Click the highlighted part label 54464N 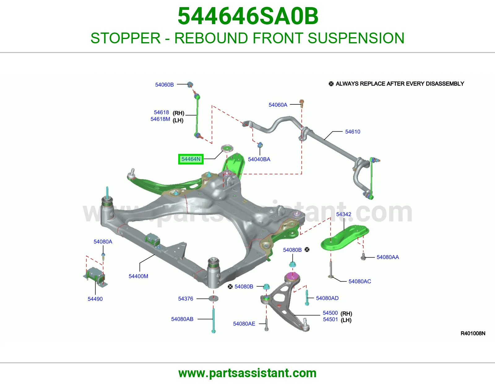tap(191, 159)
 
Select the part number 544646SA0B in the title tap(248, 16)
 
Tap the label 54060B tap(164, 85)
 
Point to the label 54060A tap(278, 105)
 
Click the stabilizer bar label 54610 tap(352, 132)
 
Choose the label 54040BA tap(259, 159)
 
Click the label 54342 tap(343, 214)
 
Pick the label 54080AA tap(387, 257)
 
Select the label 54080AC tap(359, 281)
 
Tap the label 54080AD tap(327, 298)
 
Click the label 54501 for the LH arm tap(330, 319)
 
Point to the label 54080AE tap(244, 324)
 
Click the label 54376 tap(185, 299)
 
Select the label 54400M tap(138, 276)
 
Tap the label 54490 tap(95, 299)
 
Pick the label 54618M tap(160, 119)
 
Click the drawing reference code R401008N tap(473, 334)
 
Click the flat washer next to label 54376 tap(213, 298)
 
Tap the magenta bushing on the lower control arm tap(292, 276)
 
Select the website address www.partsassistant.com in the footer tap(247, 373)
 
